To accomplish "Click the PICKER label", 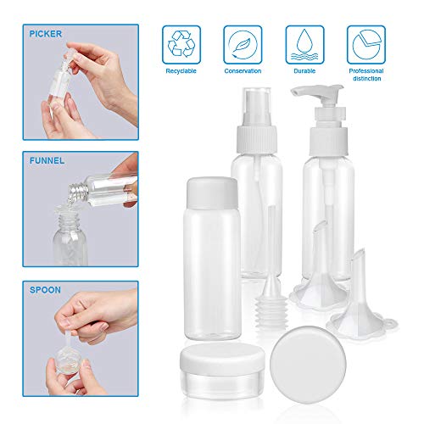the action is coord(46,34).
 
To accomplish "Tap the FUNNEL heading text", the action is coord(47,160).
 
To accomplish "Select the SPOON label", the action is coord(45,290).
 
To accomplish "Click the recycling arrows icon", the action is coord(181,44).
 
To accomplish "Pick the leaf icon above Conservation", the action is coord(243,45).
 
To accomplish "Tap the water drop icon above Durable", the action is coord(304,45).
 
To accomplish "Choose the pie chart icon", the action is coord(366,44).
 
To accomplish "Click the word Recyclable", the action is coord(181,71).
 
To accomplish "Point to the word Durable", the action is coord(304,71).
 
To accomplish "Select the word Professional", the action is coord(366,71).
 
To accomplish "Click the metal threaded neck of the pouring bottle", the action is coord(77,192).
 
